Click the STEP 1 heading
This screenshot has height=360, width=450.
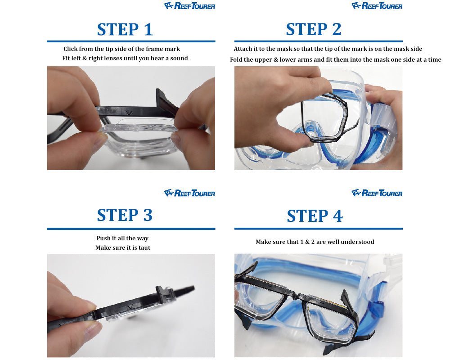pyautogui.click(x=125, y=30)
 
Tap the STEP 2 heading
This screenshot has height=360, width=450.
pyautogui.click(x=314, y=29)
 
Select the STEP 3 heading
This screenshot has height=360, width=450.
pyautogui.click(x=125, y=215)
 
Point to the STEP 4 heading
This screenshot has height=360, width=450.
pyautogui.click(x=315, y=216)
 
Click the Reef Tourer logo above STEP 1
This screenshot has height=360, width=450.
pyautogui.click(x=190, y=6)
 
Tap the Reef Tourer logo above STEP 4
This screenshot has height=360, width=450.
pyautogui.click(x=377, y=193)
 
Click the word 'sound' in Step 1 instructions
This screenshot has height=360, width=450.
pyautogui.click(x=179, y=58)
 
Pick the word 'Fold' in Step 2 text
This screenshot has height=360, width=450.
pyautogui.click(x=236, y=60)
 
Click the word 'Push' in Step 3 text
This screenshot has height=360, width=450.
pyautogui.click(x=103, y=238)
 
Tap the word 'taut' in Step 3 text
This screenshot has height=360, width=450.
pyautogui.click(x=144, y=248)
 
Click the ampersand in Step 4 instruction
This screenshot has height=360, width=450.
pyautogui.click(x=307, y=242)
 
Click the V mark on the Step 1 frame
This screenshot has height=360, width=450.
pyautogui.click(x=129, y=113)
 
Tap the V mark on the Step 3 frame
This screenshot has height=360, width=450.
pyautogui.click(x=130, y=307)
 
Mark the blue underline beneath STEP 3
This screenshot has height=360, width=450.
pyautogui.click(x=131, y=229)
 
